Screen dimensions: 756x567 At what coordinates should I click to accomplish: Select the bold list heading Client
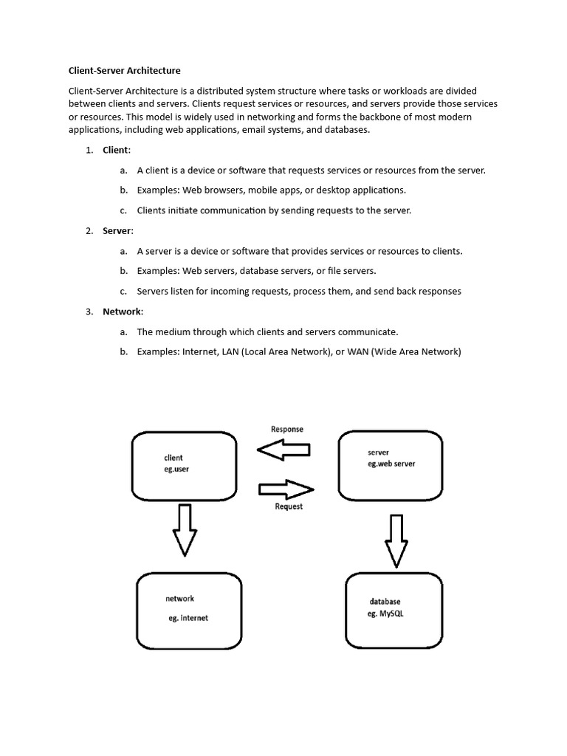(x=116, y=150)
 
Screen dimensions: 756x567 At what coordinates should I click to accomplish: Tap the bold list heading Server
(x=117, y=231)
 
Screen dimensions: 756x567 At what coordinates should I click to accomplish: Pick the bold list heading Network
(x=122, y=312)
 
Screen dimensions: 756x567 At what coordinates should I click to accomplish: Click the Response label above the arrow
(x=286, y=429)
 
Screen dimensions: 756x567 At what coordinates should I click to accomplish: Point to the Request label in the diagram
(x=289, y=506)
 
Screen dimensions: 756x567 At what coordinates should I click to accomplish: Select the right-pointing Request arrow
(x=286, y=489)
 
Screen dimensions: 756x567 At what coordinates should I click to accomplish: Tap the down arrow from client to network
(x=184, y=529)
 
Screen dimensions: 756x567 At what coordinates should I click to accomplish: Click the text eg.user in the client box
(x=176, y=469)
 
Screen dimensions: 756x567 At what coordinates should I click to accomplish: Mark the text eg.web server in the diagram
(x=391, y=464)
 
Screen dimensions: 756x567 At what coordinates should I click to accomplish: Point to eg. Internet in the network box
(x=188, y=618)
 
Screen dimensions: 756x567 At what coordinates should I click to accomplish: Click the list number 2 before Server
(x=89, y=231)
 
